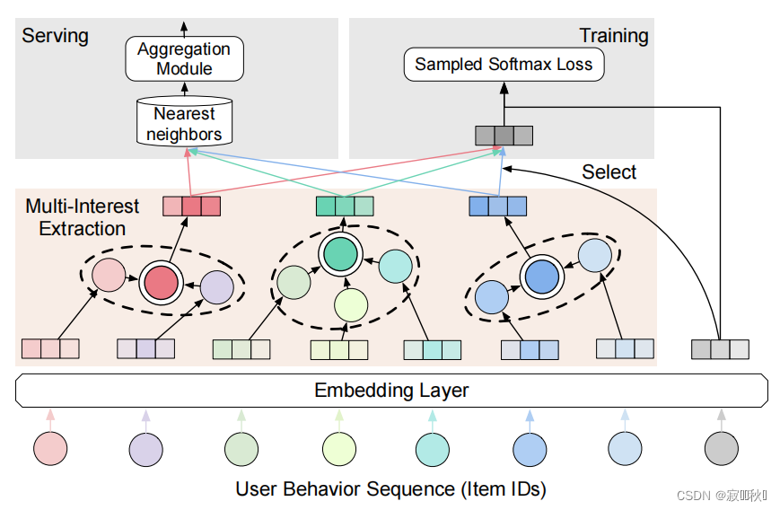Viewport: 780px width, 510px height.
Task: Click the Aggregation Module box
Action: click(184, 58)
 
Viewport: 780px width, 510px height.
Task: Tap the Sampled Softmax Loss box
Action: click(504, 65)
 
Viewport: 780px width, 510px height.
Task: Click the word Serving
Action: click(55, 36)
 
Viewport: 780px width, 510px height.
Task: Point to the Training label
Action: click(613, 36)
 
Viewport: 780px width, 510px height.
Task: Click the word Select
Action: click(609, 172)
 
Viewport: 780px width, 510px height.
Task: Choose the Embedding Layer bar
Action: click(391, 391)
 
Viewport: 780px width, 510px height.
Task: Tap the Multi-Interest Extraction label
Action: click(82, 217)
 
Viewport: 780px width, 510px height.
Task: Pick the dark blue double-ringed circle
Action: click(541, 277)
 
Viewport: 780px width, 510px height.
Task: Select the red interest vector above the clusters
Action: click(191, 207)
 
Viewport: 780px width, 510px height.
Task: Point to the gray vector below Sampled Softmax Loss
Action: click(504, 136)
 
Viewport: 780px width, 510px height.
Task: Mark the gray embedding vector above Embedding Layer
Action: click(720, 349)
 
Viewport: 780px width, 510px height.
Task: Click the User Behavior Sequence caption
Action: click(390, 489)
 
